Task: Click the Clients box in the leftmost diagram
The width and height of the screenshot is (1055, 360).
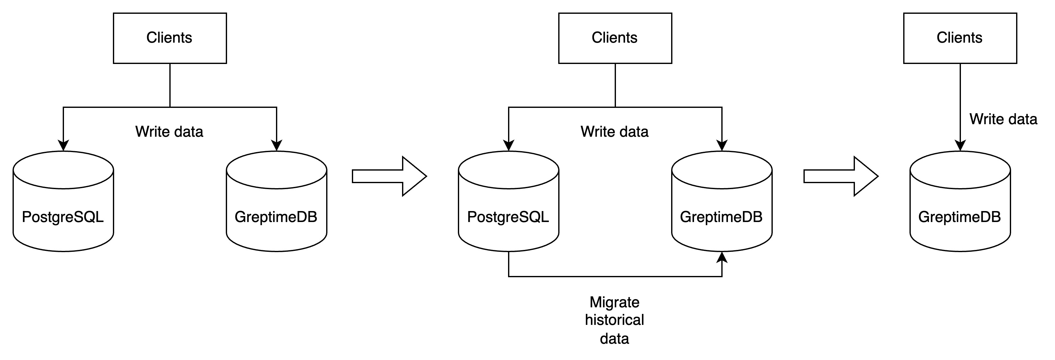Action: pos(170,38)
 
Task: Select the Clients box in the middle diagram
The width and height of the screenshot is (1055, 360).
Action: pos(615,38)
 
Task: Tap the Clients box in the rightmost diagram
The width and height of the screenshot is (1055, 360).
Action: pos(960,38)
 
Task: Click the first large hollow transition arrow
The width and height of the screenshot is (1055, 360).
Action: pos(389,176)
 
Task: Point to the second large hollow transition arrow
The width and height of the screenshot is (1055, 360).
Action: pos(840,176)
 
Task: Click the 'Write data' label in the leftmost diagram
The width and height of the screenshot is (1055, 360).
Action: pos(169,131)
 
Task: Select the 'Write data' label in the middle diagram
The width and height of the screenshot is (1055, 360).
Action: pos(614,131)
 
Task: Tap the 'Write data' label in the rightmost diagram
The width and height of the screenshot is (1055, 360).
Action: pos(1003,119)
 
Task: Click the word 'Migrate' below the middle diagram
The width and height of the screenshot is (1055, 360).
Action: pos(614,302)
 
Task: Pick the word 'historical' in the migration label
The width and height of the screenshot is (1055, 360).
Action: pos(614,320)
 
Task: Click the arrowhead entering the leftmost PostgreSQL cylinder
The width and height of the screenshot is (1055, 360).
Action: pos(63,146)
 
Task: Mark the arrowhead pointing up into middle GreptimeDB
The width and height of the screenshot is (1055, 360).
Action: pos(722,257)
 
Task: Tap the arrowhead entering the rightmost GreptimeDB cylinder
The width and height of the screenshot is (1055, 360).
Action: pos(960,146)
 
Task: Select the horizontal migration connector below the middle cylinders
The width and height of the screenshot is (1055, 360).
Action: pos(614,277)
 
